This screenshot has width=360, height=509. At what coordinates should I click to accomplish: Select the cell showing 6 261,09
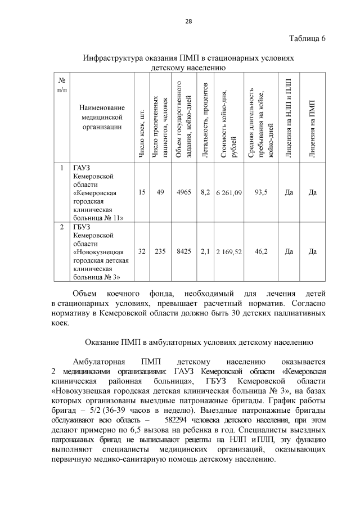228,192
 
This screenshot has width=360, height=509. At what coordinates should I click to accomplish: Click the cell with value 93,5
261,192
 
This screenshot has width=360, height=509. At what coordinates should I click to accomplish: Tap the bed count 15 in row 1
142,192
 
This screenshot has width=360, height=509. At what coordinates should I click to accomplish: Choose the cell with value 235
160,252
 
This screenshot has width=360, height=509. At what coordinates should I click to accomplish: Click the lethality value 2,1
205,252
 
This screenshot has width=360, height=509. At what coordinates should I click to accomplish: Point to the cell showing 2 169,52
228,252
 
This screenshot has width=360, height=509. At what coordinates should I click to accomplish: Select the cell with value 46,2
261,252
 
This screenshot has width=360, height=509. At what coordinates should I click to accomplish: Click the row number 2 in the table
62,227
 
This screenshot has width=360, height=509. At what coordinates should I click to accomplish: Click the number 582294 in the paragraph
179,420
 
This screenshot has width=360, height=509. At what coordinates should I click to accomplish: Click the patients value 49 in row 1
160,192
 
